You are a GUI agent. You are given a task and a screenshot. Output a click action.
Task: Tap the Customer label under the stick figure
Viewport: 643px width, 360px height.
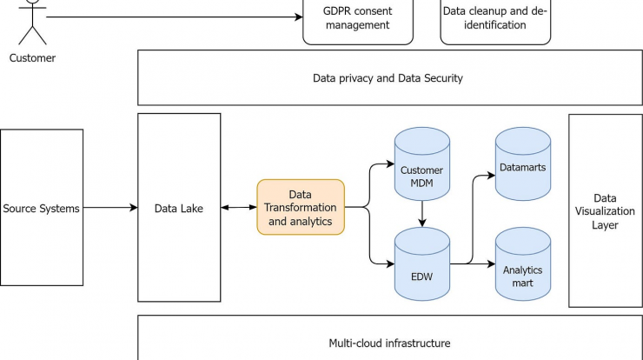tap(32, 58)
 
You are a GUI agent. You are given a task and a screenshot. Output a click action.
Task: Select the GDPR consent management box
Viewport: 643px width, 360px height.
tap(358, 21)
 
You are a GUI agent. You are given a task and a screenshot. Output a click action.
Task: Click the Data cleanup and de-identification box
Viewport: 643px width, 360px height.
tap(495, 21)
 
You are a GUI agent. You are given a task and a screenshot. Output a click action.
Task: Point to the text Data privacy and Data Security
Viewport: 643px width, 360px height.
tap(388, 78)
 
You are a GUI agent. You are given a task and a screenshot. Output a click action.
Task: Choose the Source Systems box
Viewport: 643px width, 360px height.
tap(42, 207)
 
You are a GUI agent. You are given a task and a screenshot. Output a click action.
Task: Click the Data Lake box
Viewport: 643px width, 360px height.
tap(179, 207)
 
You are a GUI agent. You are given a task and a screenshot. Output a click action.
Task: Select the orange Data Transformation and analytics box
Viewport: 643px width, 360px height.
tap(301, 207)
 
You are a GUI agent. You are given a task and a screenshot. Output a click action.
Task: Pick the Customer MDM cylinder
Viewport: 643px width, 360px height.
tap(422, 163)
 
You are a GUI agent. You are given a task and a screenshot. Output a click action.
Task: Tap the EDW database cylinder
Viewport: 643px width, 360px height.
tap(422, 264)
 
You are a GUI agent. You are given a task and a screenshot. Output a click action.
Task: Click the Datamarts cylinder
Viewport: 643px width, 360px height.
tap(523, 163)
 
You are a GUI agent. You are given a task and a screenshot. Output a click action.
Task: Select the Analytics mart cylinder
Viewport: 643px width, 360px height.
tap(523, 264)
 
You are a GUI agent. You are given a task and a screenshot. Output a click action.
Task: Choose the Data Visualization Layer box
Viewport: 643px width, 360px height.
tap(606, 210)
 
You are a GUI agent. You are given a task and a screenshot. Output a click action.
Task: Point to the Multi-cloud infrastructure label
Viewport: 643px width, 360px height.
tap(389, 343)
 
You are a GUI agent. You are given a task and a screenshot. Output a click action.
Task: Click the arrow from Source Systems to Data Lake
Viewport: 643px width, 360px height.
tap(110, 207)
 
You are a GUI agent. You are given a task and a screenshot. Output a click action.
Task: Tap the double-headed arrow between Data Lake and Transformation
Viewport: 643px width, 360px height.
tap(239, 207)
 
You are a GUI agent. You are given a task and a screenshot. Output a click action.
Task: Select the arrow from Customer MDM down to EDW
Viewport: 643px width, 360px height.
tap(422, 214)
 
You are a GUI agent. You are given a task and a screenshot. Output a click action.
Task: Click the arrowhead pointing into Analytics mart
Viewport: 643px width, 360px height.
tap(491, 264)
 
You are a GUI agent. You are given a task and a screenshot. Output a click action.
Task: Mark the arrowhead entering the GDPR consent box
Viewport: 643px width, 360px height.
tap(299, 17)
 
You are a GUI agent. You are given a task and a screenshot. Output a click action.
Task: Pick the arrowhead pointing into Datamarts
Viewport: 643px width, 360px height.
tap(491, 176)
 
